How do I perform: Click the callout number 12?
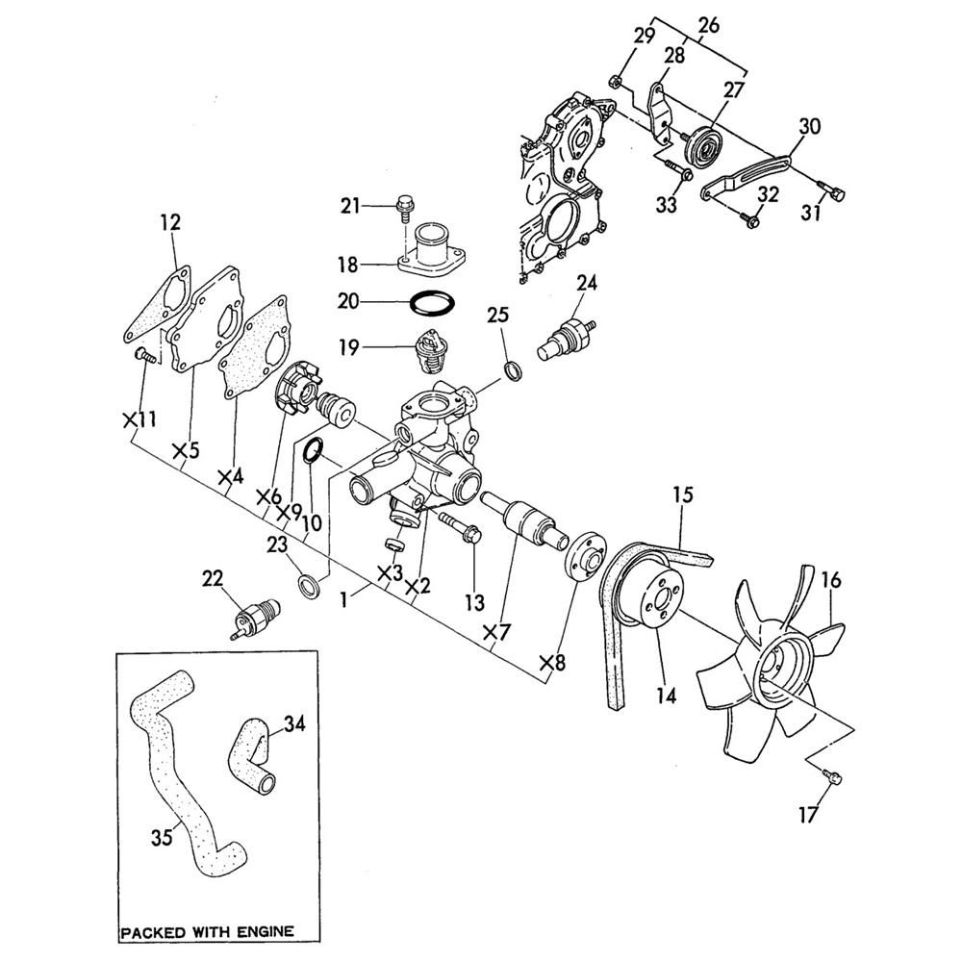(x=171, y=223)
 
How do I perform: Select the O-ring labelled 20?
(x=433, y=304)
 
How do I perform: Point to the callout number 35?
(x=162, y=837)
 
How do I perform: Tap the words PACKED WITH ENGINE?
(x=208, y=932)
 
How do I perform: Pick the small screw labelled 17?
(x=832, y=776)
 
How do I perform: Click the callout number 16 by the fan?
(x=831, y=580)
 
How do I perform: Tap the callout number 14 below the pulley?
(x=667, y=696)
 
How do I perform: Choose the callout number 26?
(x=709, y=26)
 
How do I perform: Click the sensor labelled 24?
(x=566, y=336)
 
